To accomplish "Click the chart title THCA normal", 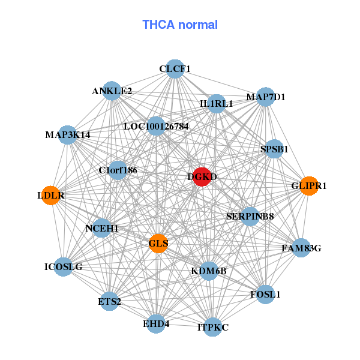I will coord(180,25).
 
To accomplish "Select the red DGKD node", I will coord(202,177).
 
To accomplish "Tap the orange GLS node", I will coord(158,243).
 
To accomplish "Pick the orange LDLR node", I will coord(51,196).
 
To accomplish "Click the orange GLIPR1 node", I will coord(308,186).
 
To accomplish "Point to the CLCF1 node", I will coord(175,69).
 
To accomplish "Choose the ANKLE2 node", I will coord(112,91).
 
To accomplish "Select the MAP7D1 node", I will coord(266,97).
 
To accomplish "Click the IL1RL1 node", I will coord(217,104).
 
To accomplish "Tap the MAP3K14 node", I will coord(67,134).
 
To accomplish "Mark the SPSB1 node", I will coord(274,149).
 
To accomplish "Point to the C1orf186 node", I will coord(118,170).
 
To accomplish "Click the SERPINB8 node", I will coord(250,216).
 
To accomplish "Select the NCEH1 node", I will coord(102,228).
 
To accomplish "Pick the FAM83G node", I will coord(301,248).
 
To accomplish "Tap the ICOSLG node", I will coord(64,266).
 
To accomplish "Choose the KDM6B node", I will coord(209,271).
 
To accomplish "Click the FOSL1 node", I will coord(265,295).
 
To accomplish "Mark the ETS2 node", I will coord(110,301).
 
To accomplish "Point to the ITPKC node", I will coord(213,327).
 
